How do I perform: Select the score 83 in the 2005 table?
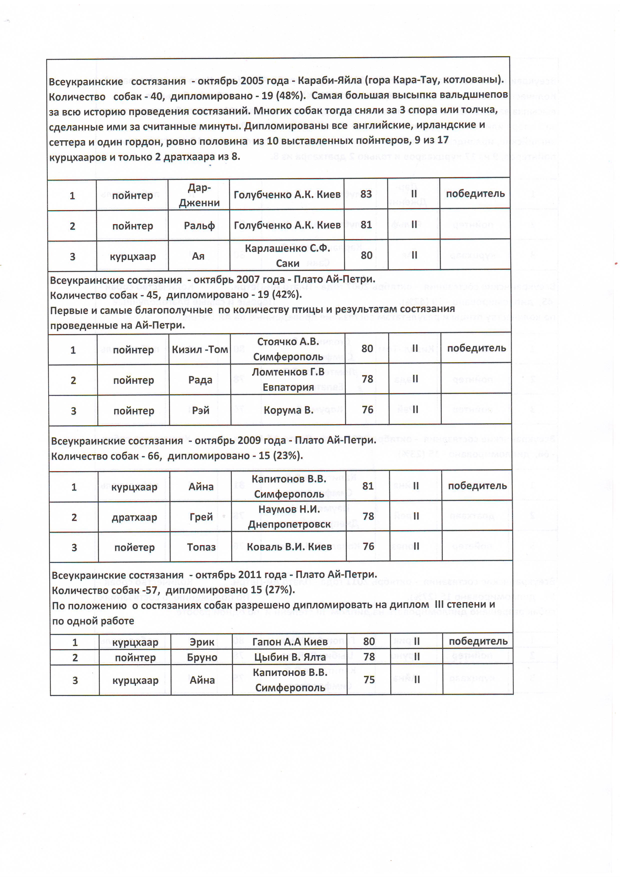[366, 194]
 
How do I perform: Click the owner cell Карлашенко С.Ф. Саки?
[287, 256]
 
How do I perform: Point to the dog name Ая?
[198, 256]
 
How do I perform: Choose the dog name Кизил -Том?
[200, 349]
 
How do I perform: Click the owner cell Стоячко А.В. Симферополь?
[288, 349]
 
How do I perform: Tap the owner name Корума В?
[288, 410]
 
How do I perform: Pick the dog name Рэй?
[200, 410]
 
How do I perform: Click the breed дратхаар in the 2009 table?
[134, 517]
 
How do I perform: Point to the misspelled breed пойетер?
[134, 547]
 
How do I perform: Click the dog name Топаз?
[201, 547]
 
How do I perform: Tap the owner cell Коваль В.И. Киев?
[289, 547]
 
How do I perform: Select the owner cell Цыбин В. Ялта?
[290, 657]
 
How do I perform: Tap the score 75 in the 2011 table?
[369, 679]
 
